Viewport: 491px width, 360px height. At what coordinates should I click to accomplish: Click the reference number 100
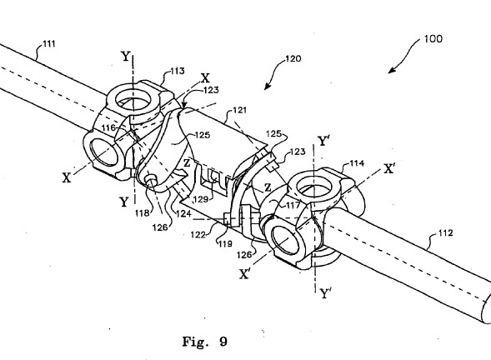coord(433,39)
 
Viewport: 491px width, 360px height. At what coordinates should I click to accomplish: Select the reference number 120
coord(293,58)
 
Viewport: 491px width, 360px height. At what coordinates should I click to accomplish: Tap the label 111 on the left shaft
coord(48,43)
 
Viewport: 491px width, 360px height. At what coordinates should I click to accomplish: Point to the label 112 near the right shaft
coord(445,232)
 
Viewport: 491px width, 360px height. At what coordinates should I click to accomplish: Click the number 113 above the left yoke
coord(178,71)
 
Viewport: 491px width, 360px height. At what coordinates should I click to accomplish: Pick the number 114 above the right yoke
coord(357,163)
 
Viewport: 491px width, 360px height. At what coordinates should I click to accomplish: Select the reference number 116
coord(108,127)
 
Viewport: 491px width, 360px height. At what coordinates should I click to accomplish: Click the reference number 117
coord(293,205)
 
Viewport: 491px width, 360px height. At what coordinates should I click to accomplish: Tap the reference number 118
coord(142,213)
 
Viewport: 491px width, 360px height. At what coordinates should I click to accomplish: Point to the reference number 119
coord(225,243)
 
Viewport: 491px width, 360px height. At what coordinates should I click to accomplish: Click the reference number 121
coord(239,110)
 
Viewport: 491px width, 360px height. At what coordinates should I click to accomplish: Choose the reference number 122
coord(198,234)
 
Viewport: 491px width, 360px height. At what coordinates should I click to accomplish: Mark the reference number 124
coord(183,213)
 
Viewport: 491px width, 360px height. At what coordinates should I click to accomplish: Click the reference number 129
coord(201,199)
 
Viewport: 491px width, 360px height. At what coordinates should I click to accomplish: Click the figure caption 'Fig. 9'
coord(205,341)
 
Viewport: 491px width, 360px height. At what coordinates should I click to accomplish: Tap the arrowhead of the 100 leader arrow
coord(390,72)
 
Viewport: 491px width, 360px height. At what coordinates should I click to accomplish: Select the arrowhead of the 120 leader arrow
coord(266,87)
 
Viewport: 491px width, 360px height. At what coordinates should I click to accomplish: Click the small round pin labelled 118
coord(151,179)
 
